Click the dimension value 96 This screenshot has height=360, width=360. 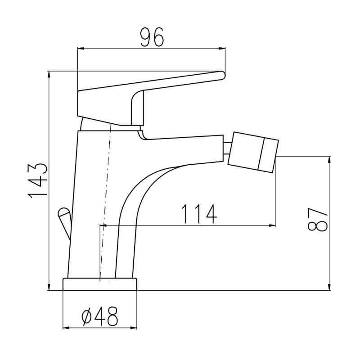click(x=152, y=37)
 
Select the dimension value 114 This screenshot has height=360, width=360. click(x=199, y=214)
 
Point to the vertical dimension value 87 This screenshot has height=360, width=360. click(x=317, y=220)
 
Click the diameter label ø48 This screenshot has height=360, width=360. click(x=99, y=316)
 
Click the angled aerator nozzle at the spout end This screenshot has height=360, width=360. click(x=253, y=152)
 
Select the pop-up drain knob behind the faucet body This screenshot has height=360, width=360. click(x=64, y=222)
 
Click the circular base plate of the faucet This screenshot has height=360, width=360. click(x=100, y=284)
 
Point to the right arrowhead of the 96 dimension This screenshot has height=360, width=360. click(x=222, y=49)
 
